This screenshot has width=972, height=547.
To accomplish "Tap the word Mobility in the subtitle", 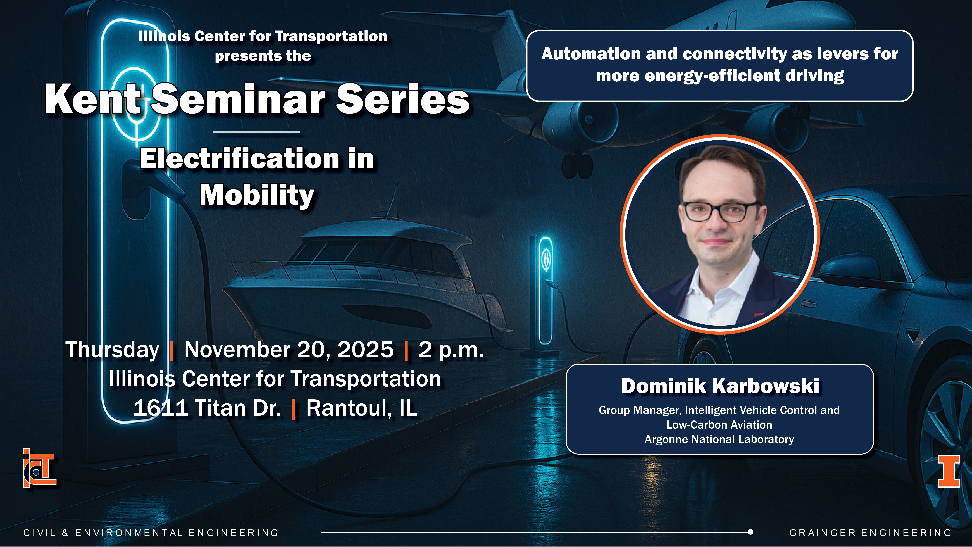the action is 257,195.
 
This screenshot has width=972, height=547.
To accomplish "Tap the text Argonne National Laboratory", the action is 719,439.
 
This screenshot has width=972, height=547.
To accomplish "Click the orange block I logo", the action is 949,471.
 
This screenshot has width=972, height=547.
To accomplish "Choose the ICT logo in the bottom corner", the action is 39,468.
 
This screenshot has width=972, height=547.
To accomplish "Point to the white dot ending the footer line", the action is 751,532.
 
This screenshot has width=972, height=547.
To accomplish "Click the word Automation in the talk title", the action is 591,54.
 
